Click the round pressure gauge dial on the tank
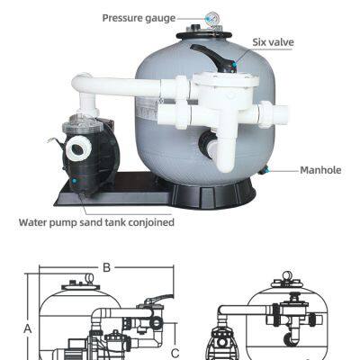point(213,18)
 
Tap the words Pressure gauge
point(138,17)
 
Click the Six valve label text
point(273,42)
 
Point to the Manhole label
point(320,169)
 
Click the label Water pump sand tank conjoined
point(97,222)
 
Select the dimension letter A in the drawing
point(28,328)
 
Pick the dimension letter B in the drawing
point(105,267)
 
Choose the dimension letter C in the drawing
point(175,353)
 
